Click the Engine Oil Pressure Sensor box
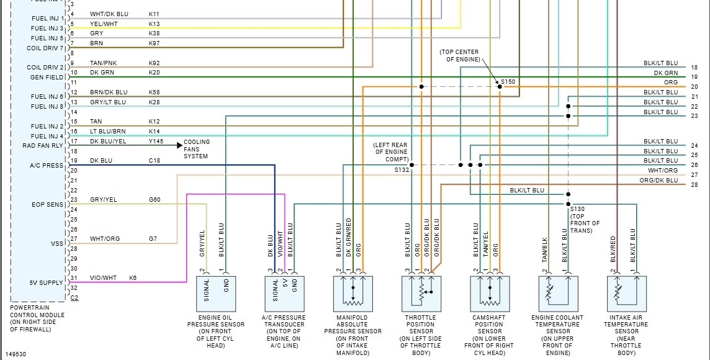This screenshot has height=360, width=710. point(216,294)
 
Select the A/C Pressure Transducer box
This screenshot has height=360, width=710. point(284,294)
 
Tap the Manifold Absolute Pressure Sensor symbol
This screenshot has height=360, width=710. point(353,294)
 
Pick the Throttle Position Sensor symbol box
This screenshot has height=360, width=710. point(421,294)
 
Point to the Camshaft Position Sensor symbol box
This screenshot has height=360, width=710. point(489,294)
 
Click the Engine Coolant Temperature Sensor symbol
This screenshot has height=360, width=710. point(557,294)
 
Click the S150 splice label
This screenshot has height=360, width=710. point(508,82)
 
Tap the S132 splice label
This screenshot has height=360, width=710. point(402,169)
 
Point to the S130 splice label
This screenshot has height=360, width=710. point(577,209)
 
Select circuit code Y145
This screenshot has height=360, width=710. point(156,141)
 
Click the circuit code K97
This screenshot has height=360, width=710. point(154,43)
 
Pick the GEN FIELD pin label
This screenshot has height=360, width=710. point(47,78)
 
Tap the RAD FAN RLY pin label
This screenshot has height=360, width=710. point(43,146)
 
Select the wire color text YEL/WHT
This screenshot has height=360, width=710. point(104,24)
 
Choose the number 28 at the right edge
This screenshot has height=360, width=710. point(694,185)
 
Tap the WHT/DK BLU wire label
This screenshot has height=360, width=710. point(109,14)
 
